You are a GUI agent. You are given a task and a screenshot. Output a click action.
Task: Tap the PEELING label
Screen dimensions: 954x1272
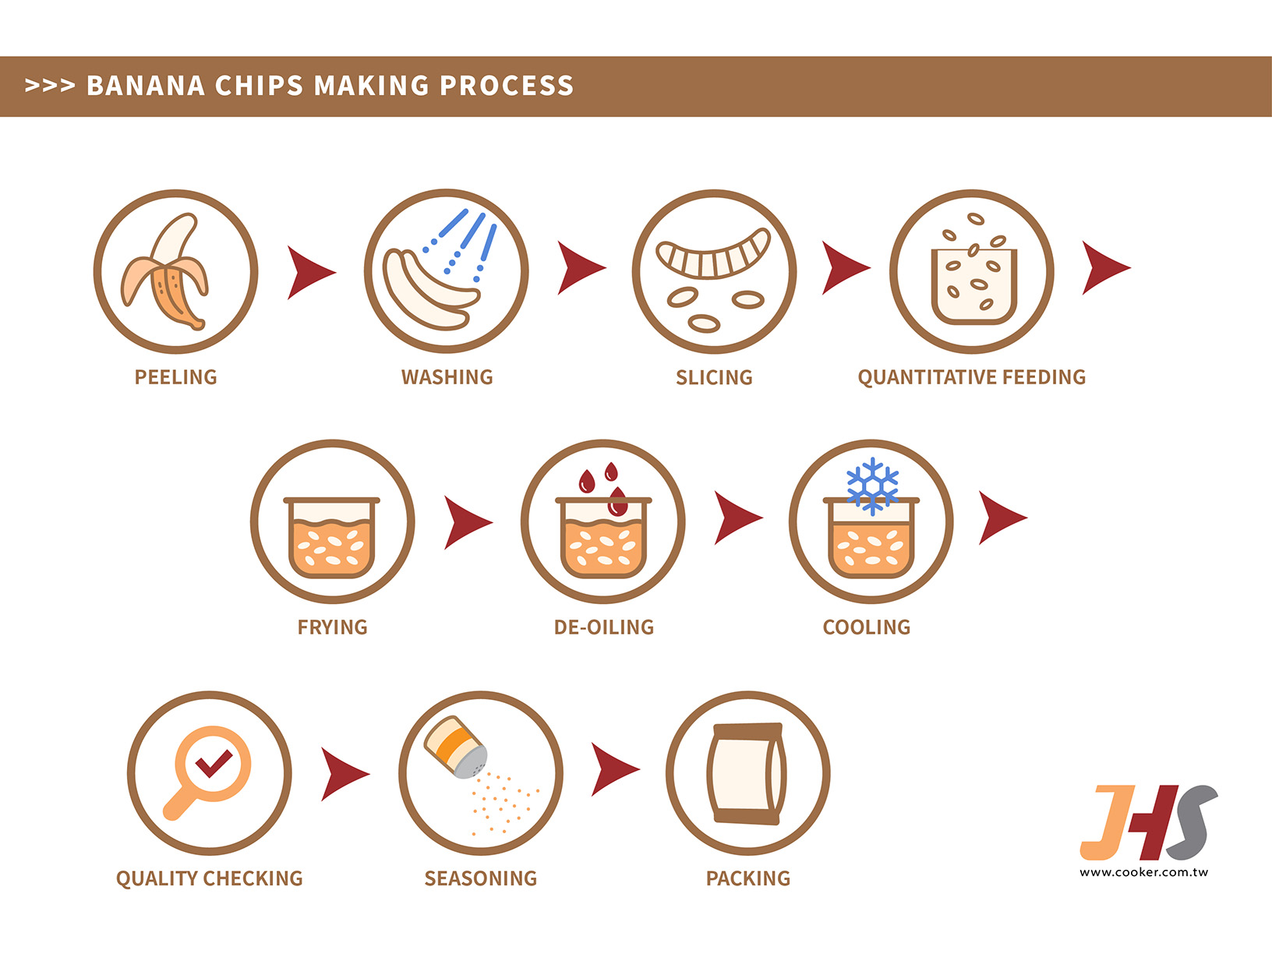point(176,377)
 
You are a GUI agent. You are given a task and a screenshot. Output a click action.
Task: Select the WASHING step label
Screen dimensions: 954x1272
point(447,377)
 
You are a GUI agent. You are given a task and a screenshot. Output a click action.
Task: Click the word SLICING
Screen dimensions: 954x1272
point(714,378)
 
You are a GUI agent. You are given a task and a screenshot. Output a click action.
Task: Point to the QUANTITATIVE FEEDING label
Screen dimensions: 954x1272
point(971,377)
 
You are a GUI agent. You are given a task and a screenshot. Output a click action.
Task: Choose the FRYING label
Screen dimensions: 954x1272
point(332,627)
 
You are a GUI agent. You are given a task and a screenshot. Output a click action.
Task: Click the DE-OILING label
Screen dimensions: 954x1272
point(603,627)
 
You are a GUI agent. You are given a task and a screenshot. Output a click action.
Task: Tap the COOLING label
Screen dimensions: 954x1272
point(866,627)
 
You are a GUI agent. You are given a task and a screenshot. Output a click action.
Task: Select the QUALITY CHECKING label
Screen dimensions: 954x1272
point(209,878)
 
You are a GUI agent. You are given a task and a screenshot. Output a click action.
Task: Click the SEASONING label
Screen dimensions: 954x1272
point(480,878)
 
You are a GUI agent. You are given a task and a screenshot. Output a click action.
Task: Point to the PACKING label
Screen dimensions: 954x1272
point(747,878)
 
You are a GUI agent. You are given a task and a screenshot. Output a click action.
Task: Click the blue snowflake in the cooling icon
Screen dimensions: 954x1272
point(872,485)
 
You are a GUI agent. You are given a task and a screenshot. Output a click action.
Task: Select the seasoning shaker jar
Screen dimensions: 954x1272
point(456,747)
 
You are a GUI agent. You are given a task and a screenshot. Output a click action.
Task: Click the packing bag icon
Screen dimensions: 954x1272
point(747,773)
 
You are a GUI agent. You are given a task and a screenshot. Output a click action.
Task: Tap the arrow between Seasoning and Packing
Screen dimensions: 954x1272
point(613,770)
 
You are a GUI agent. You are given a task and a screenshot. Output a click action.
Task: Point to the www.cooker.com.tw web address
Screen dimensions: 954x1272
point(1143,872)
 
